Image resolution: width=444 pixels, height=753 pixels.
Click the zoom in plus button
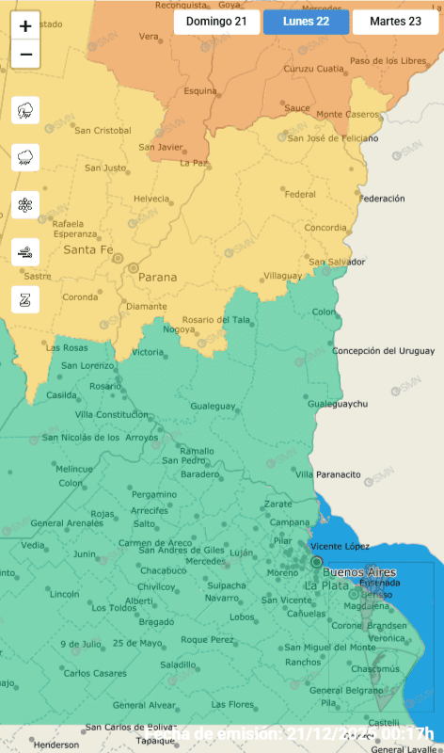pyautogui.click(x=25, y=26)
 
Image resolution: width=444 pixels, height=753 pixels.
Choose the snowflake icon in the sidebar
pyautogui.click(x=25, y=204)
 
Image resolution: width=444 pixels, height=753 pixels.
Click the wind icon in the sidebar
pyautogui.click(x=25, y=251)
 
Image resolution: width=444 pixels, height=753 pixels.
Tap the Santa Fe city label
pyautogui.click(x=87, y=250)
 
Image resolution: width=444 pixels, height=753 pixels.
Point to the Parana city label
pyautogui.click(x=157, y=278)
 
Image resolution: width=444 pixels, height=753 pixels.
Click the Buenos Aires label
pyautogui.click(x=358, y=572)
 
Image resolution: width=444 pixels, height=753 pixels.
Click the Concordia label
pyautogui.click(x=325, y=228)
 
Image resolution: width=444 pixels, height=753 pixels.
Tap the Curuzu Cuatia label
pyautogui.click(x=312, y=69)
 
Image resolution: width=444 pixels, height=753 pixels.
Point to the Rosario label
pyautogui.click(x=104, y=386)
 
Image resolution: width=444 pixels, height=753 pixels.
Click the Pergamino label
pyautogui.click(x=153, y=494)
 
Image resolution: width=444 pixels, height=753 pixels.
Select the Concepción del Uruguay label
pyautogui.click(x=383, y=351)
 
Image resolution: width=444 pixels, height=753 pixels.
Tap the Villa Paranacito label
pyautogui.click(x=329, y=474)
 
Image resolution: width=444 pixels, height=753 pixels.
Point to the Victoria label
pyautogui.click(x=147, y=352)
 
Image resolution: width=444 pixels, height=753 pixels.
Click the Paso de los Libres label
pyautogui.click(x=388, y=61)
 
